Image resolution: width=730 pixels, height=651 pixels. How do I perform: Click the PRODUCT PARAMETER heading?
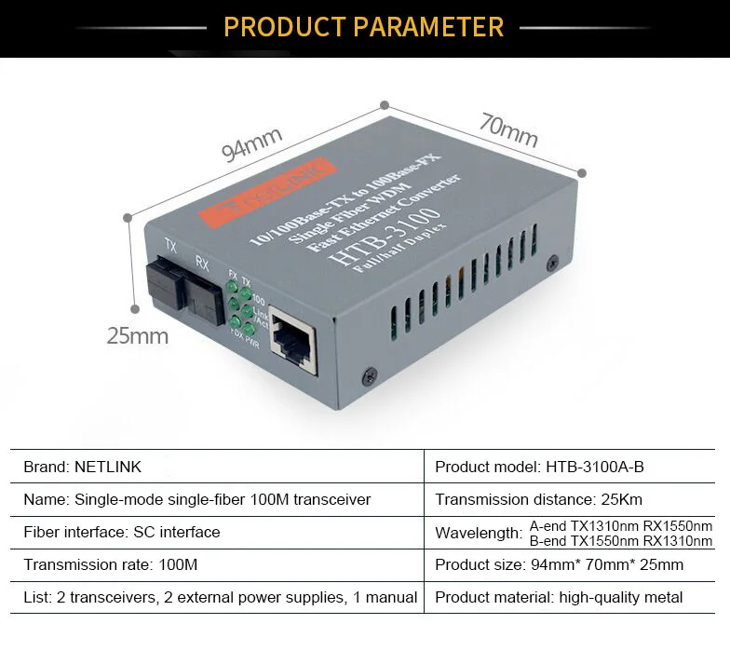pyautogui.click(x=364, y=26)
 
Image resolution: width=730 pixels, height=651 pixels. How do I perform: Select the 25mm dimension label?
pyautogui.click(x=137, y=335)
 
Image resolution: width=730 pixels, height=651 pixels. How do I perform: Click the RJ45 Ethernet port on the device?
pyautogui.click(x=292, y=346)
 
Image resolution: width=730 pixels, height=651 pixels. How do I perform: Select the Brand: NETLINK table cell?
pyautogui.click(x=83, y=467)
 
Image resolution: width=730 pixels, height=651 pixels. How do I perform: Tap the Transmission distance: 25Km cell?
pyautogui.click(x=538, y=499)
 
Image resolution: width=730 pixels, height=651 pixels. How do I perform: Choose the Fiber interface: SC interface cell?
pyautogui.click(x=122, y=532)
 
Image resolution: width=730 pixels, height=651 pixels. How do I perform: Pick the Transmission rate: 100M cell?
pyautogui.click(x=111, y=564)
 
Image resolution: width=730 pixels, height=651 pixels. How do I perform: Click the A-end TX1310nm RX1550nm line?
pyautogui.click(x=620, y=525)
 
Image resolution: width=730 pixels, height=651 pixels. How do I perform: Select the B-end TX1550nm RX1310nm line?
pyautogui.click(x=620, y=541)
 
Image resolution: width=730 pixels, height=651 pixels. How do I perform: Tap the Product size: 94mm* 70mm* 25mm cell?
pyautogui.click(x=559, y=564)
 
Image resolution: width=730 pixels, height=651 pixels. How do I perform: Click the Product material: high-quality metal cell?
pyautogui.click(x=559, y=597)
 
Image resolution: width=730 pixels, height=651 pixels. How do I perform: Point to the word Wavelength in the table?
pyautogui.click(x=478, y=533)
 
